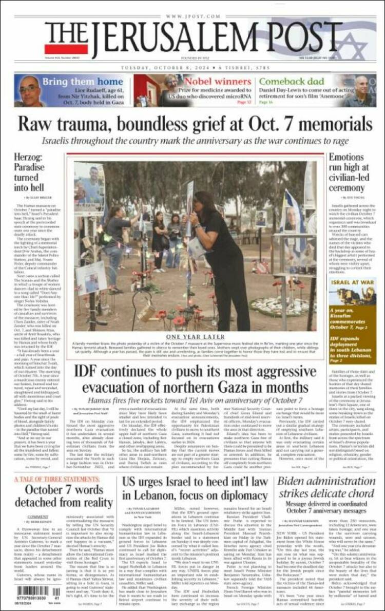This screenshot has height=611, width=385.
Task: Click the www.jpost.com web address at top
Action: pyautogui.click(x=192, y=16)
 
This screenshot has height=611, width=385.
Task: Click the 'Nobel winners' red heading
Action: pyautogui.click(x=218, y=81)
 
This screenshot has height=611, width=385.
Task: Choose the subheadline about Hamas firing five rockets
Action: pyautogui.click(x=195, y=399)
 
